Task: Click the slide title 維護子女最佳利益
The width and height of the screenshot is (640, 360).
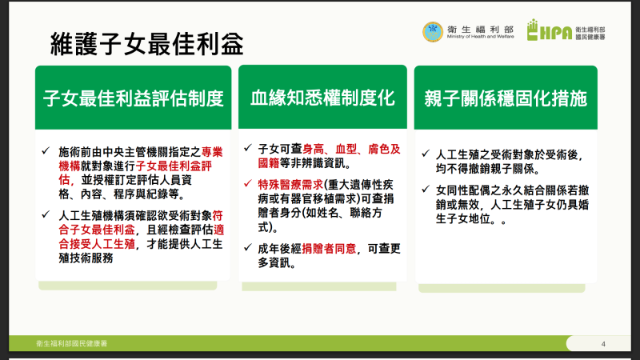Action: pos(146,44)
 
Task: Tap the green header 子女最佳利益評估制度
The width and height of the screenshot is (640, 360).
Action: pos(133,98)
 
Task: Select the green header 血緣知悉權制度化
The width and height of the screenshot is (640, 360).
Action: pos(322,98)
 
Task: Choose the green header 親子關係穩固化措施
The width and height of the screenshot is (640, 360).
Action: pos(506,98)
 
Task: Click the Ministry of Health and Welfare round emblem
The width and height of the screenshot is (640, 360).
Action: pos(432,31)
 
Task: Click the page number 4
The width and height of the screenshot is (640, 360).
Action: pos(602,344)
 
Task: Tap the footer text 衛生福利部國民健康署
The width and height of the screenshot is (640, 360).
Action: pos(71,343)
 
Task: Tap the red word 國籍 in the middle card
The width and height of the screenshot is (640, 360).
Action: pos(270,163)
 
